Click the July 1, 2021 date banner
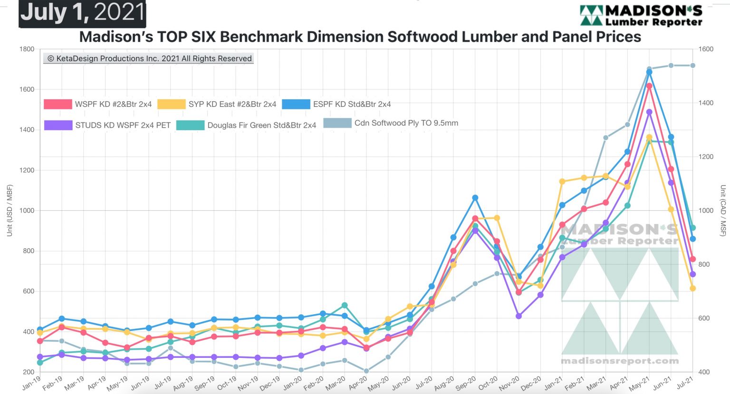pos(82,13)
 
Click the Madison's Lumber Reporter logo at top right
pos(641,16)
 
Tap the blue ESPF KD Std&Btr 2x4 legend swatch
pos(296,104)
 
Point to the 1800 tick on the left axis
pos(27,49)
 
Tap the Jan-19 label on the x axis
pos(31,383)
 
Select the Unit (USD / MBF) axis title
pos(10,210)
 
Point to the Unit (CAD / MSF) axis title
pos(722,210)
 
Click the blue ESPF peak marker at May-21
pos(649,72)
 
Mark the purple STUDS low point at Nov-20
pos(519,316)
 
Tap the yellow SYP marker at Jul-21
pos(692,288)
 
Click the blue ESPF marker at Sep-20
pos(475,197)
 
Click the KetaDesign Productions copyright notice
pos(149,58)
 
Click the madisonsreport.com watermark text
pos(620,361)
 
